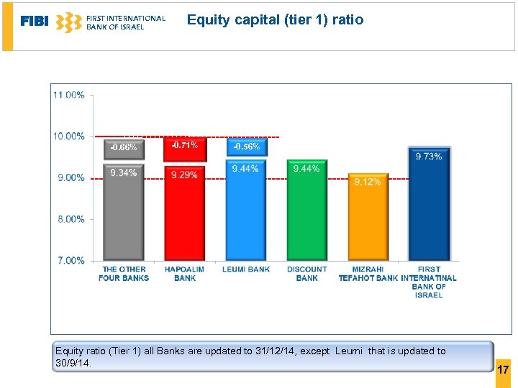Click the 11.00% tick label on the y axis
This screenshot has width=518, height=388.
(x=68, y=95)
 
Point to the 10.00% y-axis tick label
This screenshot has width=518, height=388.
(x=68, y=136)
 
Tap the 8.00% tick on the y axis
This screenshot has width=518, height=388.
(x=71, y=219)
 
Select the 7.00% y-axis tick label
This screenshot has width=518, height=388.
(x=71, y=260)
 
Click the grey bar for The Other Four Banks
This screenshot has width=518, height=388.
(x=124, y=216)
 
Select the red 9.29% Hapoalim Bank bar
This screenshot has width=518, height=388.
(x=184, y=216)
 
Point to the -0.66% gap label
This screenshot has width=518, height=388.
(x=123, y=147)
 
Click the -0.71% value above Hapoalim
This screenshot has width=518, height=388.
(x=185, y=145)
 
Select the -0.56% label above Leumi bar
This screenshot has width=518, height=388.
(x=246, y=147)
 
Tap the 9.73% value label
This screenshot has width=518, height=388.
(x=429, y=156)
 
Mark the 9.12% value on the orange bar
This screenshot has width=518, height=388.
(x=368, y=182)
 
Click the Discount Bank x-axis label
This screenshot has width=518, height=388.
(x=306, y=274)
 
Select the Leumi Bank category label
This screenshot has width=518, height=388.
(x=246, y=269)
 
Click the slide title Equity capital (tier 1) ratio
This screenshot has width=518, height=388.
(x=275, y=20)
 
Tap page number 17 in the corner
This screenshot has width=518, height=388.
(x=503, y=369)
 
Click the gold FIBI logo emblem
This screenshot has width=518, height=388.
(x=68, y=22)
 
